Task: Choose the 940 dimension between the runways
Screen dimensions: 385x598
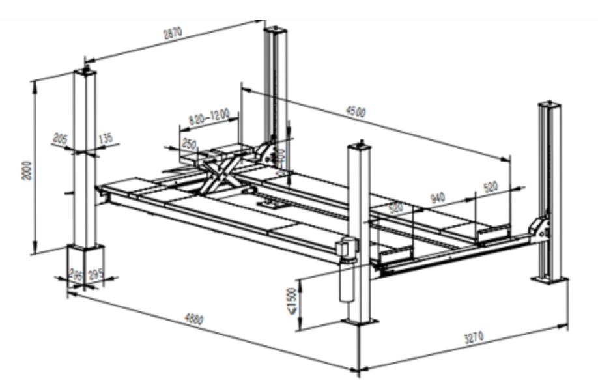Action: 438,197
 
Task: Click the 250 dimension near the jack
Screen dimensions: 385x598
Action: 190,143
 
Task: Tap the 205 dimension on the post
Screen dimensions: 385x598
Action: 60,139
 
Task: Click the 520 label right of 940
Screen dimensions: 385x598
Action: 490,187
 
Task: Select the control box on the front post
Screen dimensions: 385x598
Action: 347,248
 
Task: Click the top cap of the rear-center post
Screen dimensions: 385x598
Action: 276,30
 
